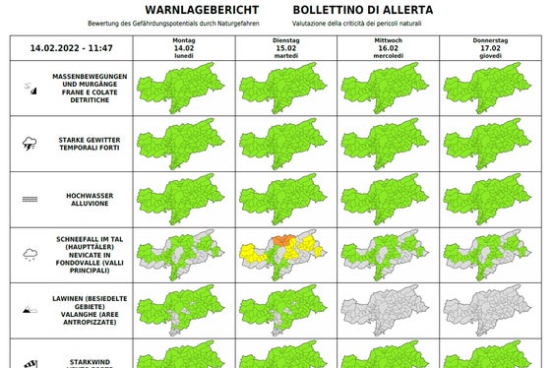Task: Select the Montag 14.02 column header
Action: pos(184,47)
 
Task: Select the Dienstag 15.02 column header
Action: pos(285,47)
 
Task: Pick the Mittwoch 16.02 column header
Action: pos(388,47)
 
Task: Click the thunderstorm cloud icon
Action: pos(30,144)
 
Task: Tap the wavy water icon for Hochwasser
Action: pos(30,199)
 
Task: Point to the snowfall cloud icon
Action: pos(30,255)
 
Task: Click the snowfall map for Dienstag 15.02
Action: pos(285,254)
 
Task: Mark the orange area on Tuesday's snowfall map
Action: pos(284,240)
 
